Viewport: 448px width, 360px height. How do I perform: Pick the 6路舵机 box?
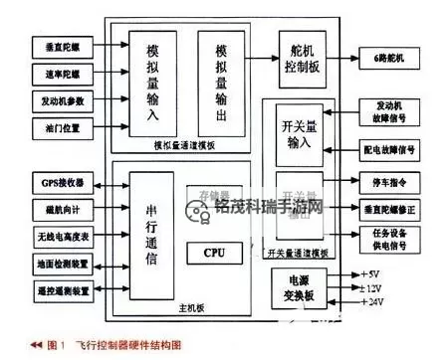click(x=389, y=59)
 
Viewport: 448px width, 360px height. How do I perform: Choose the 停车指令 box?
click(x=392, y=183)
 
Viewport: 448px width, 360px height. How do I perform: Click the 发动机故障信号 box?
click(x=392, y=111)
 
